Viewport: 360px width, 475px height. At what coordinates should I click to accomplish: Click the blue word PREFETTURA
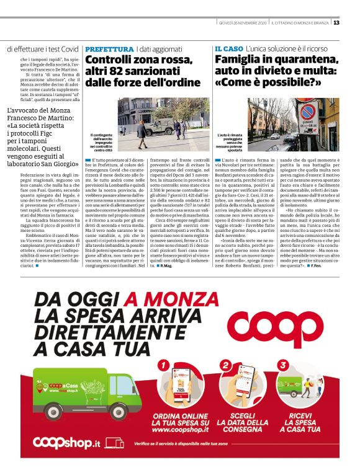[x=109, y=48]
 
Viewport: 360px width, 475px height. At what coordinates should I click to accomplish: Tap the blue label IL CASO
[x=228, y=48]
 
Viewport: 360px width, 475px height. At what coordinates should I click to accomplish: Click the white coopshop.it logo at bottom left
[x=66, y=442]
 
